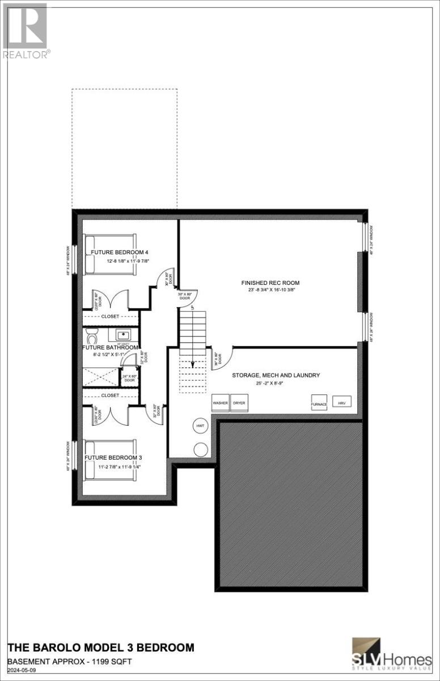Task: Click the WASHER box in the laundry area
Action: point(221,402)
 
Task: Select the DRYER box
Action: point(239,402)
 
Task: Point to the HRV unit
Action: point(341,402)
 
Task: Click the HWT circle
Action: point(200,425)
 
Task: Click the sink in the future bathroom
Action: point(123,334)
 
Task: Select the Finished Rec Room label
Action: point(262,283)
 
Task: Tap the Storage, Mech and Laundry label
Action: point(276,375)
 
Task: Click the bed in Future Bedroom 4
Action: point(110,254)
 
